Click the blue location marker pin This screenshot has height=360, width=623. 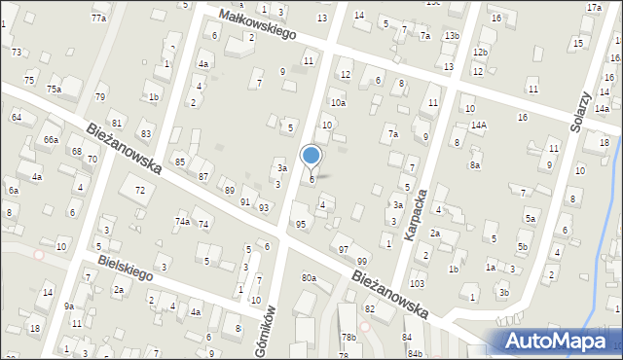311,157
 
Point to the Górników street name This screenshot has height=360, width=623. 262,329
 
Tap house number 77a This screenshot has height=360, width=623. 98,18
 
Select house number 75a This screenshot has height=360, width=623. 54,90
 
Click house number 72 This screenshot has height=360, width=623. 140,189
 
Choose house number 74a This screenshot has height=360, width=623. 182,222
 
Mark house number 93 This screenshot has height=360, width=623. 264,207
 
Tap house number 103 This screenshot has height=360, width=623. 417,283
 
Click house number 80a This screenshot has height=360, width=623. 309,278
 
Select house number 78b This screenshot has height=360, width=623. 348,337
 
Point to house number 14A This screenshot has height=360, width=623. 478,125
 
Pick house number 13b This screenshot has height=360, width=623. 452,36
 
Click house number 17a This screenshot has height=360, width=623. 594,8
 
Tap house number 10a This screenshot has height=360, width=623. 337,102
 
